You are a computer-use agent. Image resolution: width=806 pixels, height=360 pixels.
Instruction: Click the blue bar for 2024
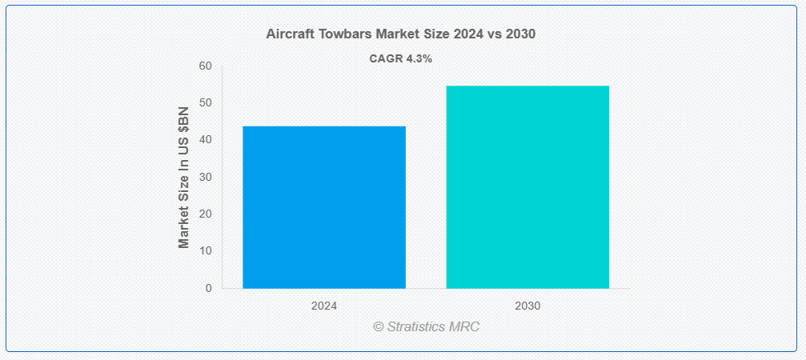coord(324,207)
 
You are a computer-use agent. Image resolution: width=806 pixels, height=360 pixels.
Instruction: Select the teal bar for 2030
coord(527,187)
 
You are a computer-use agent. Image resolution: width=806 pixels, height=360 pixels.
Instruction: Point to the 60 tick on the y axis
coord(206,66)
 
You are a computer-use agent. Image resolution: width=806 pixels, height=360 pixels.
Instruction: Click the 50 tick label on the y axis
coord(206,103)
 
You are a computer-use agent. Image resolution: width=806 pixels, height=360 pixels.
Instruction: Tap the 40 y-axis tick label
coord(206,140)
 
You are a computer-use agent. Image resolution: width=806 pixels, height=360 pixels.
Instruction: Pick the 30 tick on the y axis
coord(206,177)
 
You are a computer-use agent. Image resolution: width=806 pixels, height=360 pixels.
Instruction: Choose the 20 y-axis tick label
coord(206,214)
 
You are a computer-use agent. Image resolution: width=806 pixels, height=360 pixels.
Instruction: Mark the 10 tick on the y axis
coord(206,251)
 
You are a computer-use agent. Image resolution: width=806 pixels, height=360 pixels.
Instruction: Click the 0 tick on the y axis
coord(209,288)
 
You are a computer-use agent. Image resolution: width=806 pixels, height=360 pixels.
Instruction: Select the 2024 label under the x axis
coord(324,306)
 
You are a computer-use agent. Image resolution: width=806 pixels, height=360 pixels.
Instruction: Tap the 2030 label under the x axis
coord(527,306)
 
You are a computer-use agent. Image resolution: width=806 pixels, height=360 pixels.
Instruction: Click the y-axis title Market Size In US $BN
coord(184,178)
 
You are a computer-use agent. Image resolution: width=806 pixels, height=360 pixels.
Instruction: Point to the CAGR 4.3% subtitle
coord(401,58)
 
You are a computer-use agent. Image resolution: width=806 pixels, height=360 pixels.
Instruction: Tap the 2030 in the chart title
coord(521,34)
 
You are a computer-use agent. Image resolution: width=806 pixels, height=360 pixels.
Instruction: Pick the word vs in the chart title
coord(495,34)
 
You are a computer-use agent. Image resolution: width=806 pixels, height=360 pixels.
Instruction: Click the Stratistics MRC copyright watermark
coord(426,326)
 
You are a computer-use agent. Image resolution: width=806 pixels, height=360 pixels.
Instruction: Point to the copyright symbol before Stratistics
coord(379,326)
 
